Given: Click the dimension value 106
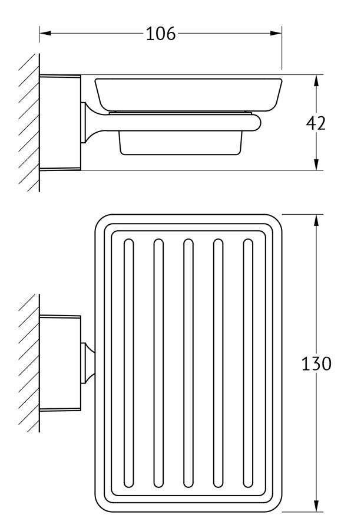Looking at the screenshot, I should [161, 34].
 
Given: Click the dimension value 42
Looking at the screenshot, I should [316, 123].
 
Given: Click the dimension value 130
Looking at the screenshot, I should [316, 364].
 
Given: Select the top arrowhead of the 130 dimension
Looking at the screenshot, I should [317, 220].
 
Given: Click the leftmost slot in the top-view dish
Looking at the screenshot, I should [128, 363].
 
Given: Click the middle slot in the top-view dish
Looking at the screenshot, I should [188, 363].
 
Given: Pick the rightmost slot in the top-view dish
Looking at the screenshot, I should [248, 363].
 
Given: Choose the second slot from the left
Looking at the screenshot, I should [158, 363].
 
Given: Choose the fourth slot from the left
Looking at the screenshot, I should [218, 363].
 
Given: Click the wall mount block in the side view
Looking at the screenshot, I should [60, 123].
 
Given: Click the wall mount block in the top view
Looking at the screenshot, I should [60, 363].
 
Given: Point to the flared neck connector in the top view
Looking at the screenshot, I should [88, 363].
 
